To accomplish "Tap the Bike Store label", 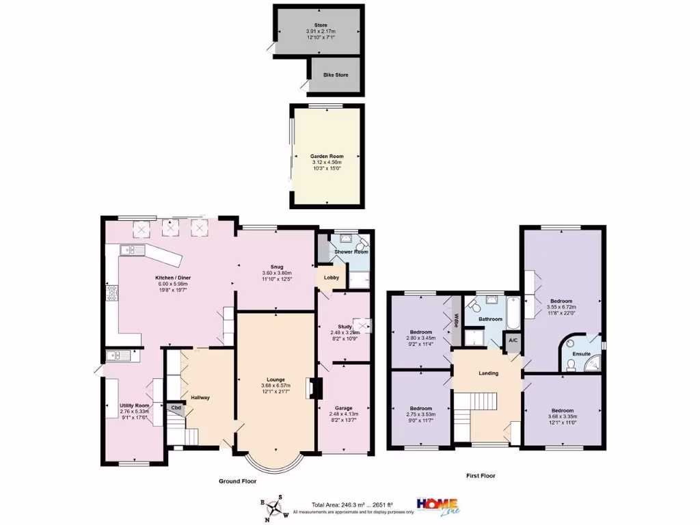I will (336, 74).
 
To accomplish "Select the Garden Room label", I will (326, 157).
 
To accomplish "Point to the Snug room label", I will (276, 267).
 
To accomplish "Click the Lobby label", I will (331, 278).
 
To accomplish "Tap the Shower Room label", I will (351, 252).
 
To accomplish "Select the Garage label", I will (343, 408).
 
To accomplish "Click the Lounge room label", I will (276, 379).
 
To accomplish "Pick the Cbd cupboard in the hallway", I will (176, 409).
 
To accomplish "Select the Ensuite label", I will (581, 354).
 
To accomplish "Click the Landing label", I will (488, 373).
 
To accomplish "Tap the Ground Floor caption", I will (237, 481).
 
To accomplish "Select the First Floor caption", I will (481, 476).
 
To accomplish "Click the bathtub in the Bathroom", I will (513, 311).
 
